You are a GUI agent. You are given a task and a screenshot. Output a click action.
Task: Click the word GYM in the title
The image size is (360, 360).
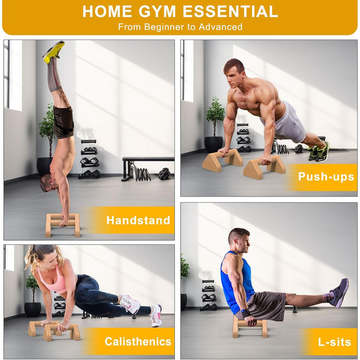click(x=157, y=11)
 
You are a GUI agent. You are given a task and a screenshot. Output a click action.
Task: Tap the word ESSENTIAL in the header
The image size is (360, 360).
click(x=230, y=11)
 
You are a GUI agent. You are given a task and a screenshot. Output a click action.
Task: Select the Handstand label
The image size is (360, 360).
click(x=138, y=220)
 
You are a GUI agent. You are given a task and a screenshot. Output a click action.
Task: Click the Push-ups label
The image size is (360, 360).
click(x=326, y=177)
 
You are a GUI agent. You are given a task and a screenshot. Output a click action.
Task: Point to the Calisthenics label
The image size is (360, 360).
click(x=138, y=341)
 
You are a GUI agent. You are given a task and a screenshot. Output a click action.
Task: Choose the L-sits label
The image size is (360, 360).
click(x=334, y=342)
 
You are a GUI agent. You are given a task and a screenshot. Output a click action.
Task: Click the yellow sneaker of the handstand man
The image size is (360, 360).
click(x=54, y=51)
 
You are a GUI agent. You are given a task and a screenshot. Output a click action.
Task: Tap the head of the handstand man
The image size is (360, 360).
click(x=47, y=183)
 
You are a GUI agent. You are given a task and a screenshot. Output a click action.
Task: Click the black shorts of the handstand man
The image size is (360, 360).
click(x=63, y=122)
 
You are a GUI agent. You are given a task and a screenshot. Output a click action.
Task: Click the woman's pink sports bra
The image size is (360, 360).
click(x=54, y=280)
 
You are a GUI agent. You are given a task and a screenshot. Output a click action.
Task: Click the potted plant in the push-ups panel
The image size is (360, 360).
click(x=214, y=125)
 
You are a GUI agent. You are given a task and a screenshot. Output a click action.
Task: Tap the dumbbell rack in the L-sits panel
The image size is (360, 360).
click(x=208, y=295)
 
